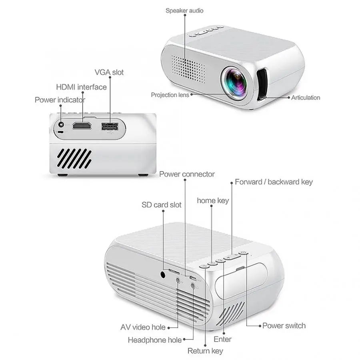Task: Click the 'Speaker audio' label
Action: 184,10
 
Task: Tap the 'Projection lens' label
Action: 170,95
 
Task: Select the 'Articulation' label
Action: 306,97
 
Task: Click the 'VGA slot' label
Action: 109,72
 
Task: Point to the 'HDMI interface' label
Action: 81,87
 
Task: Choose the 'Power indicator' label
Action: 60,100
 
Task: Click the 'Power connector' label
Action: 187,174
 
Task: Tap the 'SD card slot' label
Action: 161,205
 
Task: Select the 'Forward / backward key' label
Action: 274,182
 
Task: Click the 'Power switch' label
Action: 284,326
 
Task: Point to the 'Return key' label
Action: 205,351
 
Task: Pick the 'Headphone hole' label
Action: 154,340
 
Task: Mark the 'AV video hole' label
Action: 143,327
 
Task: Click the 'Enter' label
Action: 223,339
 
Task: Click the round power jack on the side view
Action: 60,125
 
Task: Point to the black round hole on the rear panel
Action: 163,275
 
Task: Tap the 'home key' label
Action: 213,200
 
